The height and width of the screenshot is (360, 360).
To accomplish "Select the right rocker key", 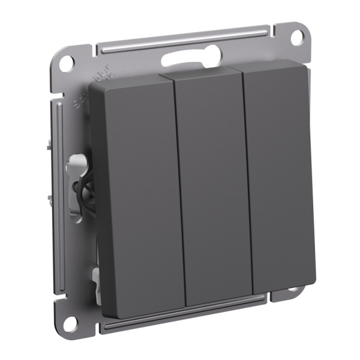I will pyautogui.click(x=279, y=180).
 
